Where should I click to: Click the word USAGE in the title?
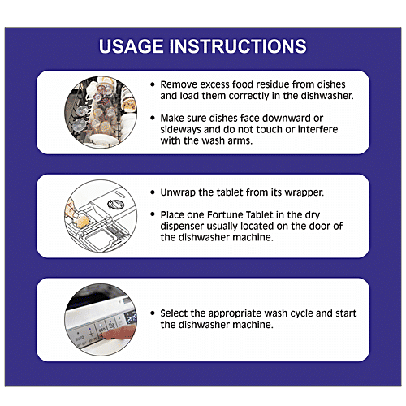(x=132, y=46)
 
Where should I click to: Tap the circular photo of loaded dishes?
(x=101, y=112)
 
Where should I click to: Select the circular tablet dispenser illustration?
(x=101, y=216)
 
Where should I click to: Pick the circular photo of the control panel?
(x=101, y=320)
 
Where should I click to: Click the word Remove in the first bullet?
(x=179, y=84)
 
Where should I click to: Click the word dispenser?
(x=182, y=227)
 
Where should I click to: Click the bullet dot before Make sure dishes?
(x=153, y=119)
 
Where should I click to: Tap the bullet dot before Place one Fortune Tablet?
(x=153, y=214)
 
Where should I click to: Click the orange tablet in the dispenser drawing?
(x=82, y=221)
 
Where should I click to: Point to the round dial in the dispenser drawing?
(x=116, y=204)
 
